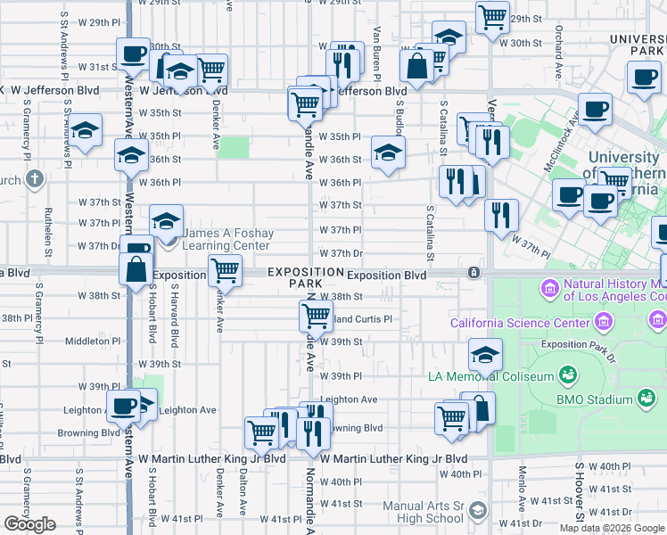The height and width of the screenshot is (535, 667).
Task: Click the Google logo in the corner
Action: point(29,524)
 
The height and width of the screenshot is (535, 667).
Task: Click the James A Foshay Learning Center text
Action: point(226,239)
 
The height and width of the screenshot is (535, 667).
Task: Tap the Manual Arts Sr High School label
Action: point(423,512)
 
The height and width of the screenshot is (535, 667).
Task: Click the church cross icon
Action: point(34,180)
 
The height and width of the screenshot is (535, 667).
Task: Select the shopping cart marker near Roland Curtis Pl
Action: point(316,315)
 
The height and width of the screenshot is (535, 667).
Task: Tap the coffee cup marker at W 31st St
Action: point(133,53)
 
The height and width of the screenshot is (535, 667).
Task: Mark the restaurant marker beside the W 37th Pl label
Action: point(502,214)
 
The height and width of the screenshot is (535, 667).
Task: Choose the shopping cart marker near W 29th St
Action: point(491,17)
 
